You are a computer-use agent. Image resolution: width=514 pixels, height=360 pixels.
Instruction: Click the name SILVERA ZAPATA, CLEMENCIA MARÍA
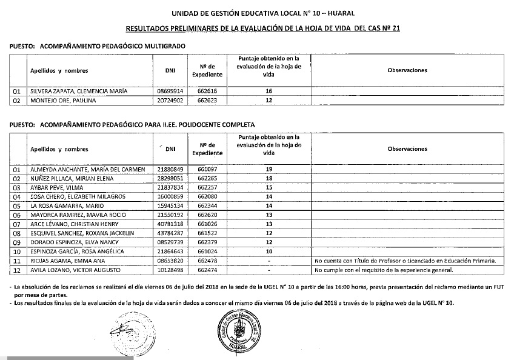pos(79,91)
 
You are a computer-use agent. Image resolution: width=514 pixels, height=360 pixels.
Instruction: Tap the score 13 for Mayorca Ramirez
pos(269,215)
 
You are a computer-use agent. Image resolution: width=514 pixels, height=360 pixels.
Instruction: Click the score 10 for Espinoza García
pos(269,251)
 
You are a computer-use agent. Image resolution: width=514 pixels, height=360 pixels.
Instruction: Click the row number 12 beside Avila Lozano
pos(17,269)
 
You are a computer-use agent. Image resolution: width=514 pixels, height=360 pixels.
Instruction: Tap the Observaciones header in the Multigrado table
pos(407,70)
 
